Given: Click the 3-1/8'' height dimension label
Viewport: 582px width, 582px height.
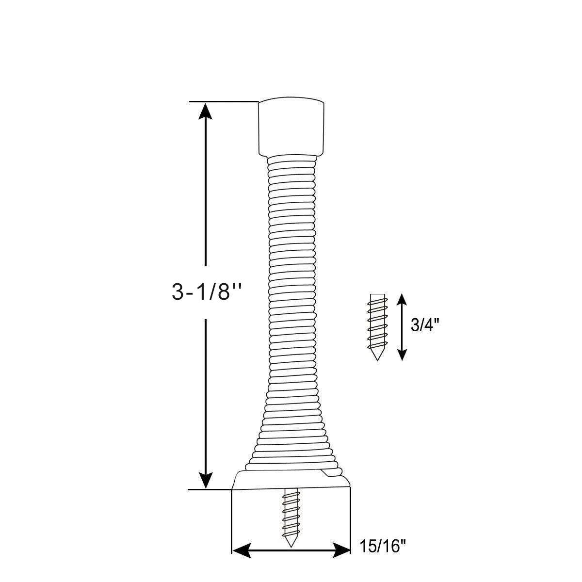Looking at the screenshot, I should point(207,292).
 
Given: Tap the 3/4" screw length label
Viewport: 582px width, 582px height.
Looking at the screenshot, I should point(425,325).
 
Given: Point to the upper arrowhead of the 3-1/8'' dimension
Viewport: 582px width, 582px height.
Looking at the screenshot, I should point(207,110).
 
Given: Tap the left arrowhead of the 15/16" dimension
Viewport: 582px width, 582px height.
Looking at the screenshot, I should point(240,550).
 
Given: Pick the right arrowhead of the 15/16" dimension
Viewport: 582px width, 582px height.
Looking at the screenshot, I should point(342,550).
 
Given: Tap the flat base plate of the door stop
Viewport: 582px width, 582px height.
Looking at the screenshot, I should point(291,480).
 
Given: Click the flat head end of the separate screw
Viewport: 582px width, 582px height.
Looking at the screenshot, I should point(377,295).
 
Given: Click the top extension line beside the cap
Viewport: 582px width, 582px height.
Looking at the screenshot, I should point(223,101).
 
